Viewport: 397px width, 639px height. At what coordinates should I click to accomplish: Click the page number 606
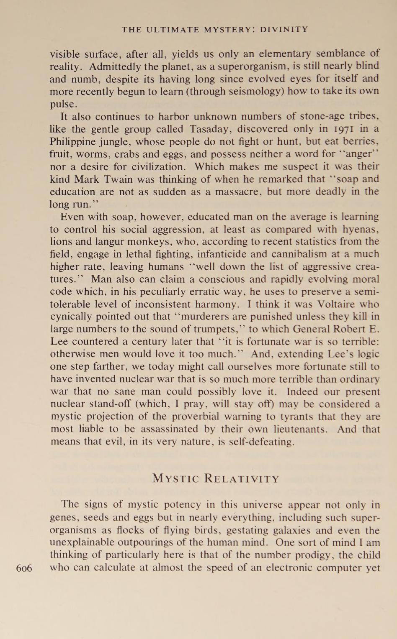[x=24, y=568]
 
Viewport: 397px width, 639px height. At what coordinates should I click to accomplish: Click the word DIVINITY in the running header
[x=284, y=29]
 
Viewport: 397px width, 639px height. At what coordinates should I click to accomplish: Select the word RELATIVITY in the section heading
[x=241, y=478]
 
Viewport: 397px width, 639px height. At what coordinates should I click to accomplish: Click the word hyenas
[x=361, y=229]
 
